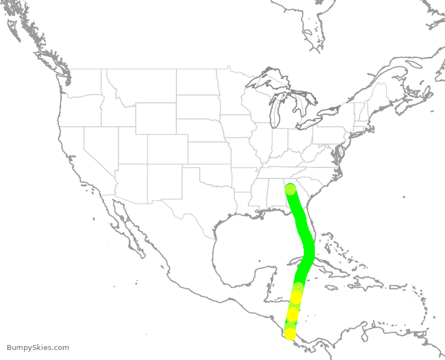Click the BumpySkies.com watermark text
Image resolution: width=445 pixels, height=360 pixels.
pos(38,348)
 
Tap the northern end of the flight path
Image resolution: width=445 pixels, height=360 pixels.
pos(290,190)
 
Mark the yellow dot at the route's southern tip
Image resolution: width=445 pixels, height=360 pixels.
pos(290,334)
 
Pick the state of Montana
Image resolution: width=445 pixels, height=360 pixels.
pos(142,86)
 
